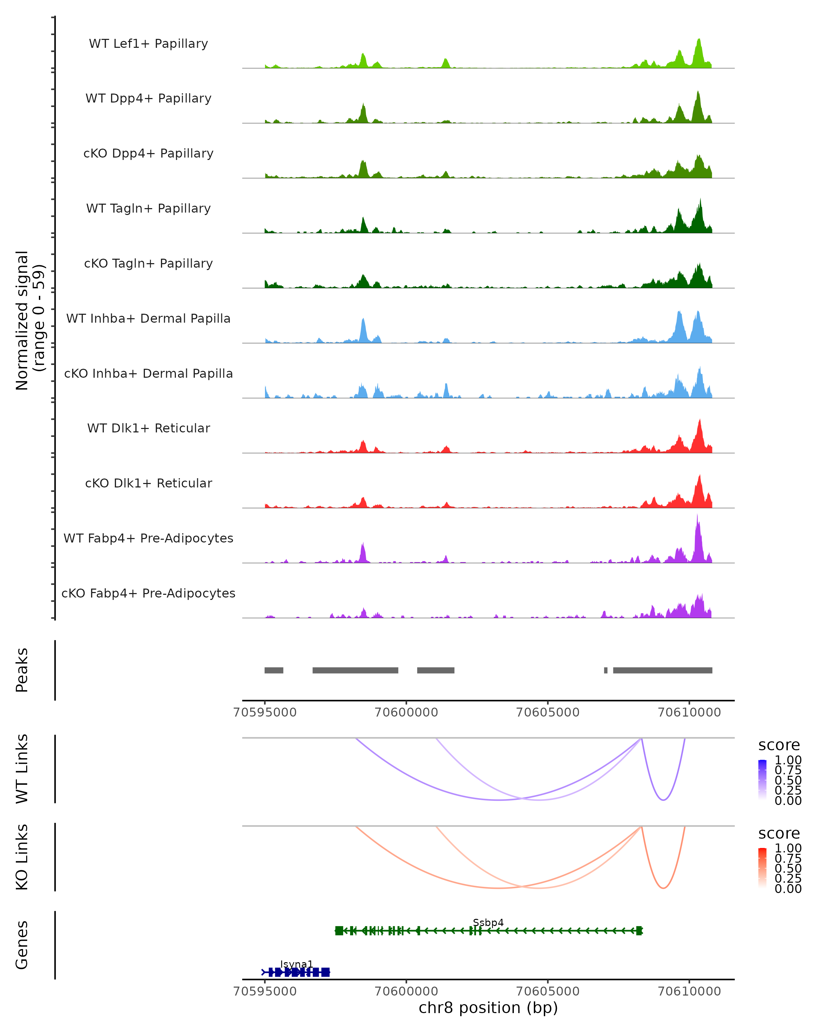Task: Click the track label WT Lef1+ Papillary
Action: [148, 44]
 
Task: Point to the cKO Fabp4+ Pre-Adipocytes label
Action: [148, 593]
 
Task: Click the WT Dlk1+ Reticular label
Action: [148, 428]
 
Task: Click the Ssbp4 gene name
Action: [488, 922]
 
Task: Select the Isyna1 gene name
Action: [296, 964]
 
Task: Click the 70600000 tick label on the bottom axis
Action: [406, 991]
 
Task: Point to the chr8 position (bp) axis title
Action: [488, 1008]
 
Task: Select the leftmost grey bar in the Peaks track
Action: [274, 670]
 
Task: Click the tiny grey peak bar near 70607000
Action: [606, 670]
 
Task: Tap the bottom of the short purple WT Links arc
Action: [663, 800]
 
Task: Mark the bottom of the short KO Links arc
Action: [663, 888]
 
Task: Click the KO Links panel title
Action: [22, 857]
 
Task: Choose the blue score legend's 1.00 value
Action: [788, 760]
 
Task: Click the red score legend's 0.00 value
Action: [788, 889]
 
